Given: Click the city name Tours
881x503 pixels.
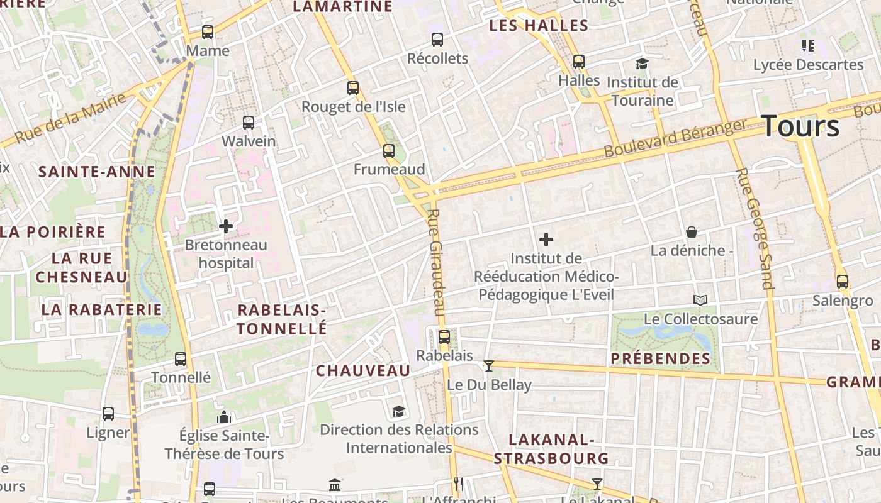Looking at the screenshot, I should coord(800,126).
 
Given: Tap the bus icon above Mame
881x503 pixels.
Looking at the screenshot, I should coord(208,31).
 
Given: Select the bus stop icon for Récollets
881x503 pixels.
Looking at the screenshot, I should coord(437,40).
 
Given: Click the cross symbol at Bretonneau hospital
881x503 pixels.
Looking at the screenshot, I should coord(226,226).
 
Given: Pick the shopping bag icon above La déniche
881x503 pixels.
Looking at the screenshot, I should coord(692,232).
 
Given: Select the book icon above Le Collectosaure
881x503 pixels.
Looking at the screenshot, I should coord(700,300).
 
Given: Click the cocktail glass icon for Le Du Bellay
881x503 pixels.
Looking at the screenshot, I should coord(489,365).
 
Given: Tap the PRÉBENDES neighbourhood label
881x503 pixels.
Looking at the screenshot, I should coord(661,359).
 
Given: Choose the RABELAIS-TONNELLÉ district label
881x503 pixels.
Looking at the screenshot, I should coord(282,319).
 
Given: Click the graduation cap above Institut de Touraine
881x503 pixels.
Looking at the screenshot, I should coord(642,64).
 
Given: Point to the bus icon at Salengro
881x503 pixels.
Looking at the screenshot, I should coord(843,281).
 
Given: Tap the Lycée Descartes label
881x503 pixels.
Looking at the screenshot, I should coord(808,65).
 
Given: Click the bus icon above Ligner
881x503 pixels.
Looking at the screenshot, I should coord(108,414).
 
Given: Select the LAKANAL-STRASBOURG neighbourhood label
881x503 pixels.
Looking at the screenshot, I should coord(551,449).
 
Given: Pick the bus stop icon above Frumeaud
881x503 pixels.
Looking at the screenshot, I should coord(389,151).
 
